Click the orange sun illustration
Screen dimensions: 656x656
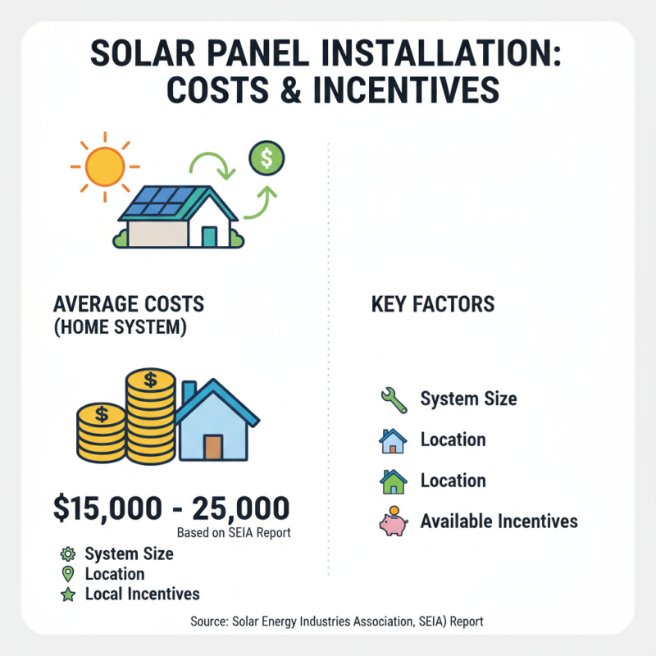point(104,166)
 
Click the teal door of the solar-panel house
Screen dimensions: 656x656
point(209,237)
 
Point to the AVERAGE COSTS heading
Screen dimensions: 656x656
point(129,304)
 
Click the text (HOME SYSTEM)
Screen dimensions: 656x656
point(120,329)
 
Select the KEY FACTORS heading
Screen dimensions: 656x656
point(433,305)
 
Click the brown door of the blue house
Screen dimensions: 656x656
point(213,447)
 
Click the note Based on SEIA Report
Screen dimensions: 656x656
point(234,533)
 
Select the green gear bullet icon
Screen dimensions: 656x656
point(68,554)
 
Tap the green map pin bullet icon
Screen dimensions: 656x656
point(68,574)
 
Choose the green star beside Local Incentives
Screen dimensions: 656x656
point(68,594)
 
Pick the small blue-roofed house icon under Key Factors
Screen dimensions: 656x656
point(393,440)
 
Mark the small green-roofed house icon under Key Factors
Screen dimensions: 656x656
point(393,481)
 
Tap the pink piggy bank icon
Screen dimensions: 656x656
point(393,522)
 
